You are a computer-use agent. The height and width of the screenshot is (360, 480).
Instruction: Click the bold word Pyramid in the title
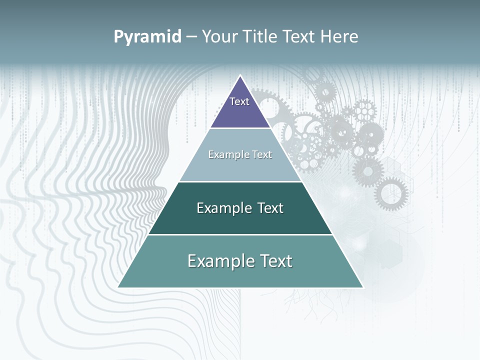coord(147,37)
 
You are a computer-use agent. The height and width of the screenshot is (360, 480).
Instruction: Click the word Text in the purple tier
coord(239,101)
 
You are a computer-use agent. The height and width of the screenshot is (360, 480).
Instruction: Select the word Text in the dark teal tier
coord(267,208)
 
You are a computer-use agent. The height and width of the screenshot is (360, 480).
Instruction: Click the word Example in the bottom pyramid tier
coord(218,261)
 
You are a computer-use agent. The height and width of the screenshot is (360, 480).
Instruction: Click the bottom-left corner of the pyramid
coord(118,287)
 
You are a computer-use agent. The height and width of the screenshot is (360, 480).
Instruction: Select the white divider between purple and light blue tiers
coord(240,128)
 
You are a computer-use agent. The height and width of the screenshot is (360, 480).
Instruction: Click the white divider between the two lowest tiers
coord(240,234)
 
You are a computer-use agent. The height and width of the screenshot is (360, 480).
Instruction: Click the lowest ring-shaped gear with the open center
coord(391,194)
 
